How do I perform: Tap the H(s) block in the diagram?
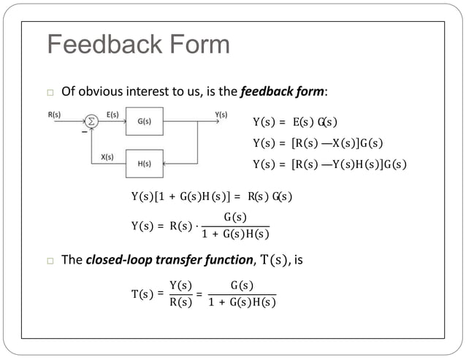pyautogui.click(x=144, y=163)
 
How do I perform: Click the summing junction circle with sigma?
pyautogui.click(x=92, y=121)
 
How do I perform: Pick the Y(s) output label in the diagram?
pyautogui.click(x=221, y=115)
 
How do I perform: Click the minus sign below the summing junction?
pyautogui.click(x=84, y=134)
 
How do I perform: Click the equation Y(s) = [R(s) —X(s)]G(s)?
pyautogui.click(x=318, y=142)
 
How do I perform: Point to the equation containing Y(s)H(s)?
pyautogui.click(x=329, y=164)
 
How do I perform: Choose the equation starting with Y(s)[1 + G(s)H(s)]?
pyautogui.click(x=211, y=196)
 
